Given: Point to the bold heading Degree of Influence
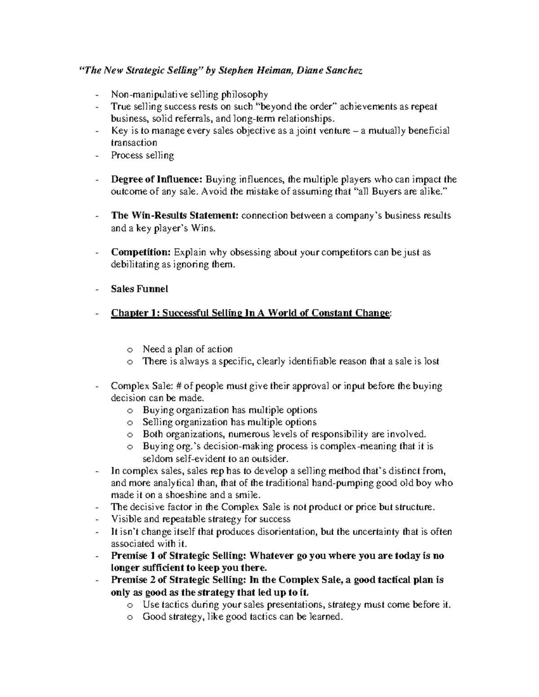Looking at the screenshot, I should (157, 180).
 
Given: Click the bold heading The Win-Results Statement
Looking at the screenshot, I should (175, 215).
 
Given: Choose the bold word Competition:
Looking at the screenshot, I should (141, 252).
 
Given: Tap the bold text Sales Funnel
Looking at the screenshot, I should (139, 289).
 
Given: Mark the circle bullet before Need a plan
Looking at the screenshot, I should (130, 350).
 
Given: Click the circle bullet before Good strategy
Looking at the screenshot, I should (130, 617).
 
